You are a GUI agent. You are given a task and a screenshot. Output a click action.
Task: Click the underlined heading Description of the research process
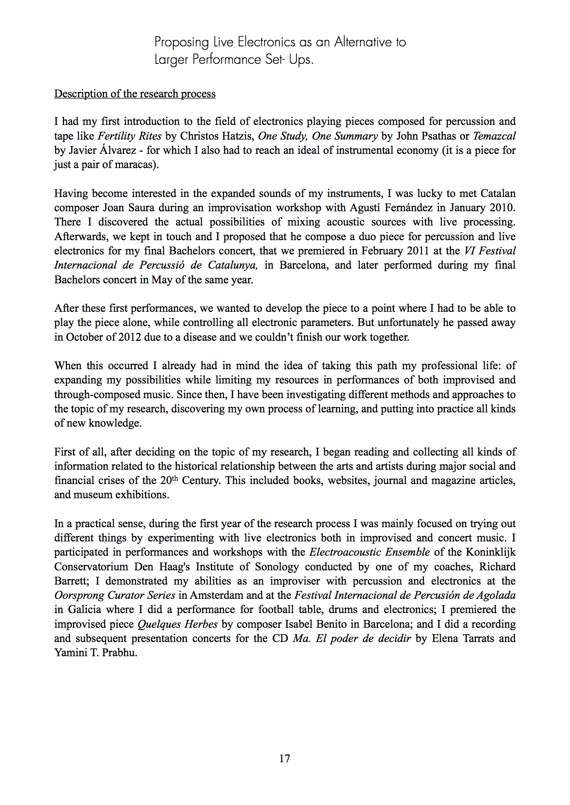pos(135,94)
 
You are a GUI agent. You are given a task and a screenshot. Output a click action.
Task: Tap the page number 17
pos(285,759)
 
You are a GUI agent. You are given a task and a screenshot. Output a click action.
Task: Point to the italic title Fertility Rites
pos(130,136)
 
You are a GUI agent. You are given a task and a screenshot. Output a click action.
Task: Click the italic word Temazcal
pos(494,136)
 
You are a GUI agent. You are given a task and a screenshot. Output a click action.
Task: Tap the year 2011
pos(416,251)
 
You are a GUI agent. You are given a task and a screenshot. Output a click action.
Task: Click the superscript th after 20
pos(175,478)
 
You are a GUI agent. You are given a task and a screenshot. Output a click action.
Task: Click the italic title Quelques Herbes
pos(177,625)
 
